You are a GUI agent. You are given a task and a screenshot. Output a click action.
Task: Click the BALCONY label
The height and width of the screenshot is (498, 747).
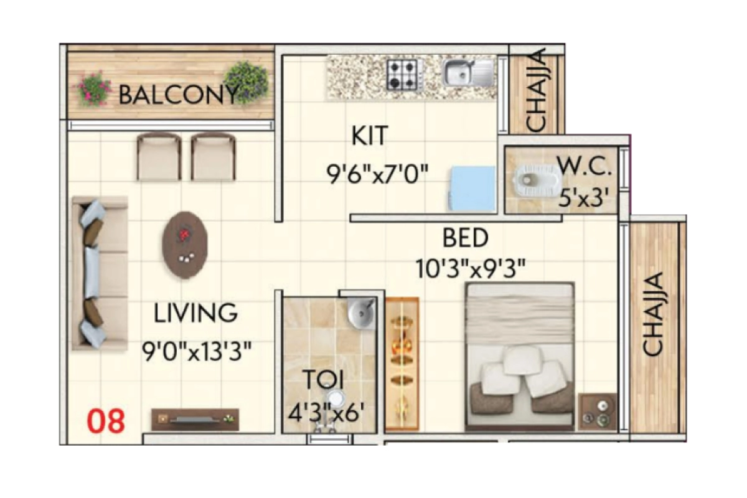[x=177, y=95]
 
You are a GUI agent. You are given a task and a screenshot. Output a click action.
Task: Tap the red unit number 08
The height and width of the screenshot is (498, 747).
[x=106, y=421]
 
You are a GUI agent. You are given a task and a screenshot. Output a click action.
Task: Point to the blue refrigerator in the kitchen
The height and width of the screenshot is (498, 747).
[x=471, y=188]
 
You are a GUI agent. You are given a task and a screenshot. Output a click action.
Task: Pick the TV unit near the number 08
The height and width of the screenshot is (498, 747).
[x=195, y=419]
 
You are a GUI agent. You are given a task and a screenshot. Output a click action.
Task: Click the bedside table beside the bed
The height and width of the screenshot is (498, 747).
[x=596, y=411]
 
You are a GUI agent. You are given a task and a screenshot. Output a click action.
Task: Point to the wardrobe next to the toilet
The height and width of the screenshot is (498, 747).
[x=402, y=364]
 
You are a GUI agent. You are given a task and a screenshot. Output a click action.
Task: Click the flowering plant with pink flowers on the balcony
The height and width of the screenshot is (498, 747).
[x=94, y=88]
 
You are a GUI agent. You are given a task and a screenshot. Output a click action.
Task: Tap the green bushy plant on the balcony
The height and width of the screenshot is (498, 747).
[x=247, y=81]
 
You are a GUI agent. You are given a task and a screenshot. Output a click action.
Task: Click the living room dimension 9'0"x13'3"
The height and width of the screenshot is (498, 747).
[x=196, y=353]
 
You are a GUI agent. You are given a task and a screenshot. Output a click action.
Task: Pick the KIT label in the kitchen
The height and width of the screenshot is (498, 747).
[x=370, y=136]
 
